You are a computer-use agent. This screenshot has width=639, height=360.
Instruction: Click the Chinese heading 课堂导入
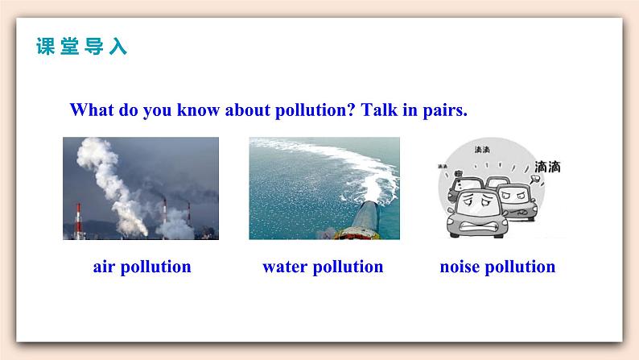coord(81,46)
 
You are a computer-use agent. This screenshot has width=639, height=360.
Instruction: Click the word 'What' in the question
coord(91,110)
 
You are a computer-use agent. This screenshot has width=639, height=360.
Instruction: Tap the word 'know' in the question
coord(198,110)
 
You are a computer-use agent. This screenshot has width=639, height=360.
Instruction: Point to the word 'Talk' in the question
coord(379,110)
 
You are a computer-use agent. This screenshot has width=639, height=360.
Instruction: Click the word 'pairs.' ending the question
coord(445,111)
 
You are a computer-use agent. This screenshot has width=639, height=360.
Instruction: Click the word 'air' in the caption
coord(104,267)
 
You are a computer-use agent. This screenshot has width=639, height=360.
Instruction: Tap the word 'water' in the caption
coord(285,267)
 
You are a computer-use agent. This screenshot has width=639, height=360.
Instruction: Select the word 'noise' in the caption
coord(460,267)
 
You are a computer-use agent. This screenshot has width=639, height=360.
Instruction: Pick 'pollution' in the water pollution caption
coord(348,267)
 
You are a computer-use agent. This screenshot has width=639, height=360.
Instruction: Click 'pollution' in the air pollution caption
coord(156,267)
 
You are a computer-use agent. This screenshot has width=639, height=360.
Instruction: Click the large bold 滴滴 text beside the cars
coord(547,167)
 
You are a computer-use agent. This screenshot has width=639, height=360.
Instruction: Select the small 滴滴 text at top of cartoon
coord(482,150)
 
